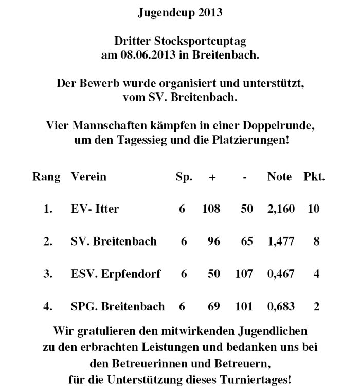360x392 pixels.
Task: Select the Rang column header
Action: [x=46, y=177]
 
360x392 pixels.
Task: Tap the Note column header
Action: [x=279, y=177]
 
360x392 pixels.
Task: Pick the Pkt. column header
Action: [x=314, y=177]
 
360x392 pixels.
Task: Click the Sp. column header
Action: [x=184, y=177]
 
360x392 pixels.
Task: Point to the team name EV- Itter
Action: [x=95, y=209]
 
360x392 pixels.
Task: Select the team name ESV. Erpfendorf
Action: [x=116, y=274]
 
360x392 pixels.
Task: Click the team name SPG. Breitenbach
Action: [x=118, y=307]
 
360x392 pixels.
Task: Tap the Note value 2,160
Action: [x=281, y=209]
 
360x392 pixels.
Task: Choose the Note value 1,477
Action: [x=281, y=241]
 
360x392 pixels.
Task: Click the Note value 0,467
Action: [x=281, y=274]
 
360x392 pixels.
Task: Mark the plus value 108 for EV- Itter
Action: [x=211, y=209]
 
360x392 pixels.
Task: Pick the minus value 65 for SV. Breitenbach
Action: [x=247, y=241]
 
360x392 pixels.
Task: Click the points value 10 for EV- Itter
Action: [x=313, y=209]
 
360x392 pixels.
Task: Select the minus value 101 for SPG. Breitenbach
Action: [x=244, y=307]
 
